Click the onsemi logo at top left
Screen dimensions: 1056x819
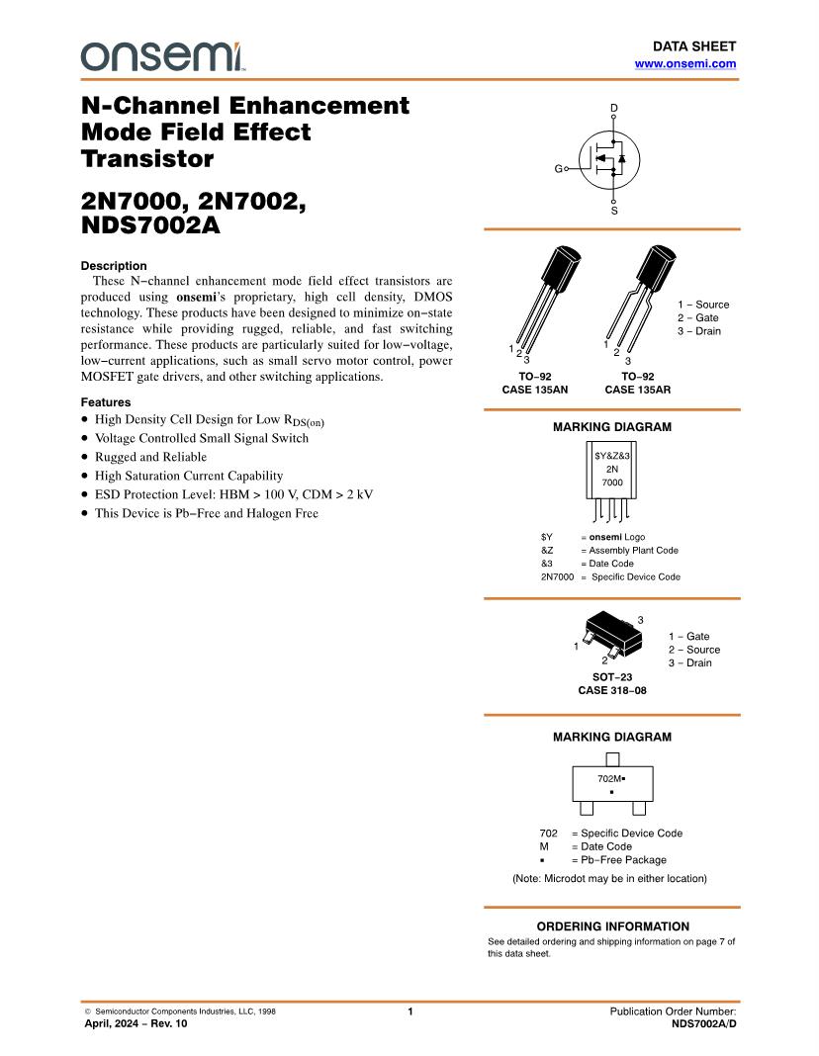(x=162, y=56)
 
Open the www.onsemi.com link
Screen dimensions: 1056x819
(x=684, y=63)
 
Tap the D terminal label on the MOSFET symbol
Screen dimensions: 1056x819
(x=613, y=107)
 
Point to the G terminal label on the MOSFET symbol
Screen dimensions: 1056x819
(x=557, y=170)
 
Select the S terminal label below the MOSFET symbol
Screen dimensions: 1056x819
(x=613, y=211)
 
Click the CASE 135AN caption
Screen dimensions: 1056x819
(x=535, y=390)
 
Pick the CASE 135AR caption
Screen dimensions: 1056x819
(x=637, y=390)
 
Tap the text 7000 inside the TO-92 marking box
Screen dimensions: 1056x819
(x=612, y=483)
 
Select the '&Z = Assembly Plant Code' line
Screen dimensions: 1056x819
(x=609, y=550)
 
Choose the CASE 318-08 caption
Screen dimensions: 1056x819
(x=612, y=690)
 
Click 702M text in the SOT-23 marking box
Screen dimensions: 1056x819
(x=610, y=779)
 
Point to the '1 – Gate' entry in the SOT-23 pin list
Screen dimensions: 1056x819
(x=688, y=637)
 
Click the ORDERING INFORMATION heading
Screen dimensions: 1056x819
(x=612, y=926)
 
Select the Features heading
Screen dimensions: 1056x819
(x=106, y=402)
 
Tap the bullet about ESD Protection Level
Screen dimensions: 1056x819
(x=233, y=494)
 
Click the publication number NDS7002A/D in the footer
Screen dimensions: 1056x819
(x=703, y=1024)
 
